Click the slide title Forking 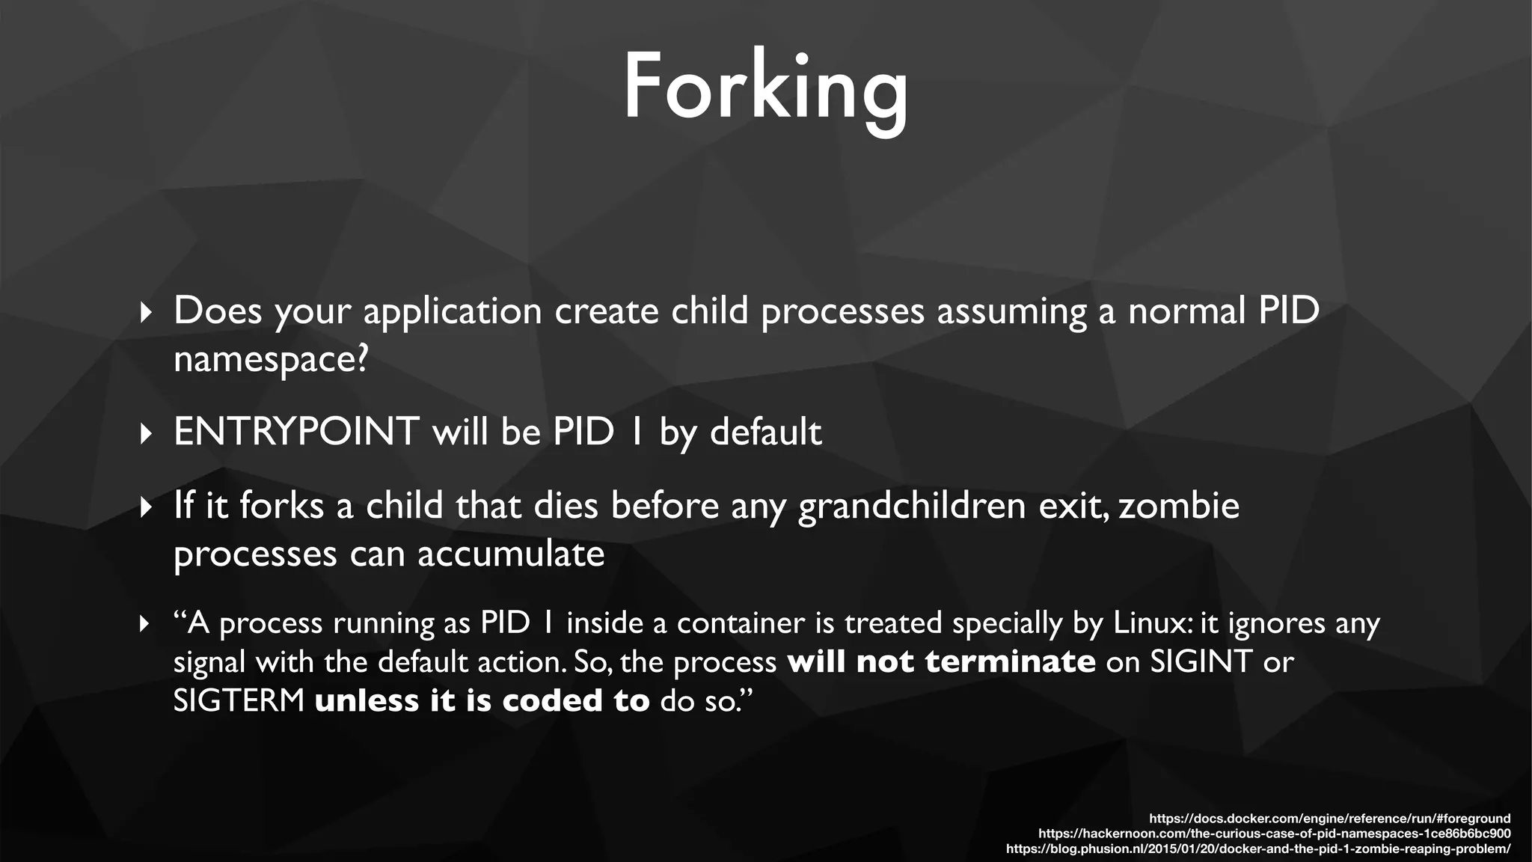pos(765,88)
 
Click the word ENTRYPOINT pos(296,432)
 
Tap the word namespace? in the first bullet pos(271,360)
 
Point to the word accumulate pos(511,554)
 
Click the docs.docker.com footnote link pos(1329,819)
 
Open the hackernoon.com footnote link pos(1274,834)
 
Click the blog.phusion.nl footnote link pos(1257,849)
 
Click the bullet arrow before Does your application pos(146,312)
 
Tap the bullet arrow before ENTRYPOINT pos(146,433)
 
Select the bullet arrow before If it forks pos(146,508)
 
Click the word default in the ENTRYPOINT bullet pos(765,432)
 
